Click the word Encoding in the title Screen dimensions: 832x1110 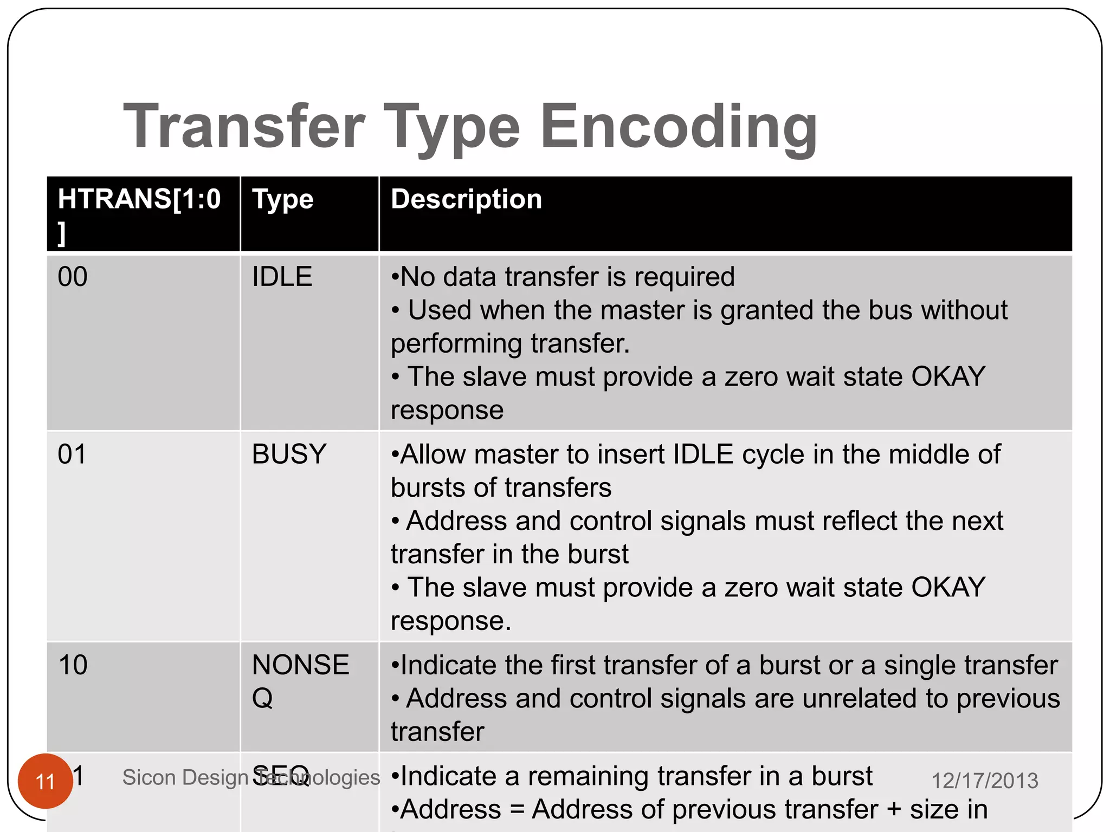679,127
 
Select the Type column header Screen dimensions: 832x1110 282,199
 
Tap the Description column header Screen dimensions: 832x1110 466,199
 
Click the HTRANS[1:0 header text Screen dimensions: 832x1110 139,199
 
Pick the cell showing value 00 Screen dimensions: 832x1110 73,277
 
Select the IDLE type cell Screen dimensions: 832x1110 282,277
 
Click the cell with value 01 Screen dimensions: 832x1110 72,454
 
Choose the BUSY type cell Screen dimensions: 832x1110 289,454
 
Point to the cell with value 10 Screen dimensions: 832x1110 73,665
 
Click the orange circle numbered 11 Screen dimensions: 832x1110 46,781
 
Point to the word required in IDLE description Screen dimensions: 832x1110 685,277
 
